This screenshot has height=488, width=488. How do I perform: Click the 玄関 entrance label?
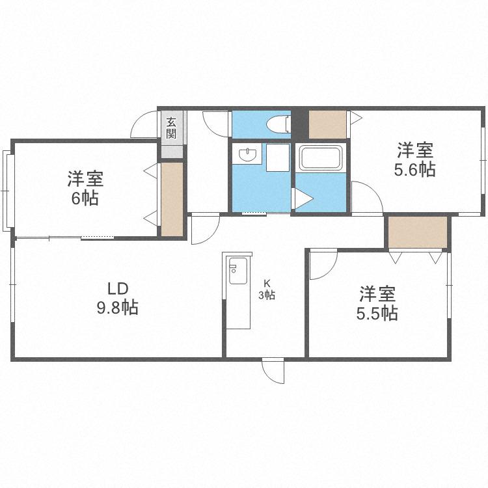pos(171,128)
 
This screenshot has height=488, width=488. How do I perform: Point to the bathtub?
pos(321,158)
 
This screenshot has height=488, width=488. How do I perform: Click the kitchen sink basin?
pos(238,271)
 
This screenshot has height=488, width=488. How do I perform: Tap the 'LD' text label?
pos(118,289)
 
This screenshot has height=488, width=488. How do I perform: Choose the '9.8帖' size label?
pos(118,308)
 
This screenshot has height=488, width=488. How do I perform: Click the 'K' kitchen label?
pos(267,283)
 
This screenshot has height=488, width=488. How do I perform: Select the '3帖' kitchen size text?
pos(267,295)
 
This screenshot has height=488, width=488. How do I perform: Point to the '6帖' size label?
pos(85,198)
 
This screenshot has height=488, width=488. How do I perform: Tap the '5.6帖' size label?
pos(415,169)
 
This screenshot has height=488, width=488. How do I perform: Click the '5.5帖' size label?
pos(377,314)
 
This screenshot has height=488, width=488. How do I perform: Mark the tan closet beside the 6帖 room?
pos(172,199)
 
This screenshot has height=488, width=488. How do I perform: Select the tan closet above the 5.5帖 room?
pos(418,232)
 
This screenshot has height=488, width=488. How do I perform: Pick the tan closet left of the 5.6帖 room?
pos(327,124)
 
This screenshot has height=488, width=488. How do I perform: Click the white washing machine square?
pos(278,157)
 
